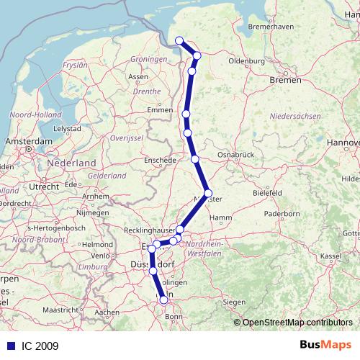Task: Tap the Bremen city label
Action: [x=286, y=81]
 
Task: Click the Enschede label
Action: [x=160, y=160]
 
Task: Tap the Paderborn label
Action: [x=282, y=214]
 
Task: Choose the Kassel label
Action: [x=330, y=256]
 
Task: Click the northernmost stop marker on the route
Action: [x=179, y=41]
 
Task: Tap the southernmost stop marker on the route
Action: [x=164, y=300]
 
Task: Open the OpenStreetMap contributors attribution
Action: [x=297, y=323]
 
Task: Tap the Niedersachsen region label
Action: [x=294, y=116]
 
